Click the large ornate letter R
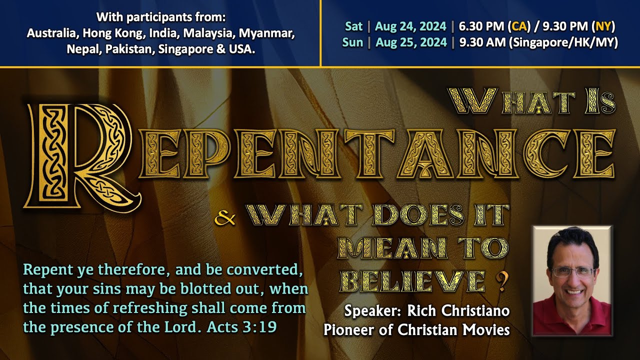[80, 155]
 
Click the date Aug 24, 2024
[410, 26]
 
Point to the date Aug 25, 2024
[410, 42]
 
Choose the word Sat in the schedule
[353, 26]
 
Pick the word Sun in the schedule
[352, 42]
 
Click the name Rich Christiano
[458, 311]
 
